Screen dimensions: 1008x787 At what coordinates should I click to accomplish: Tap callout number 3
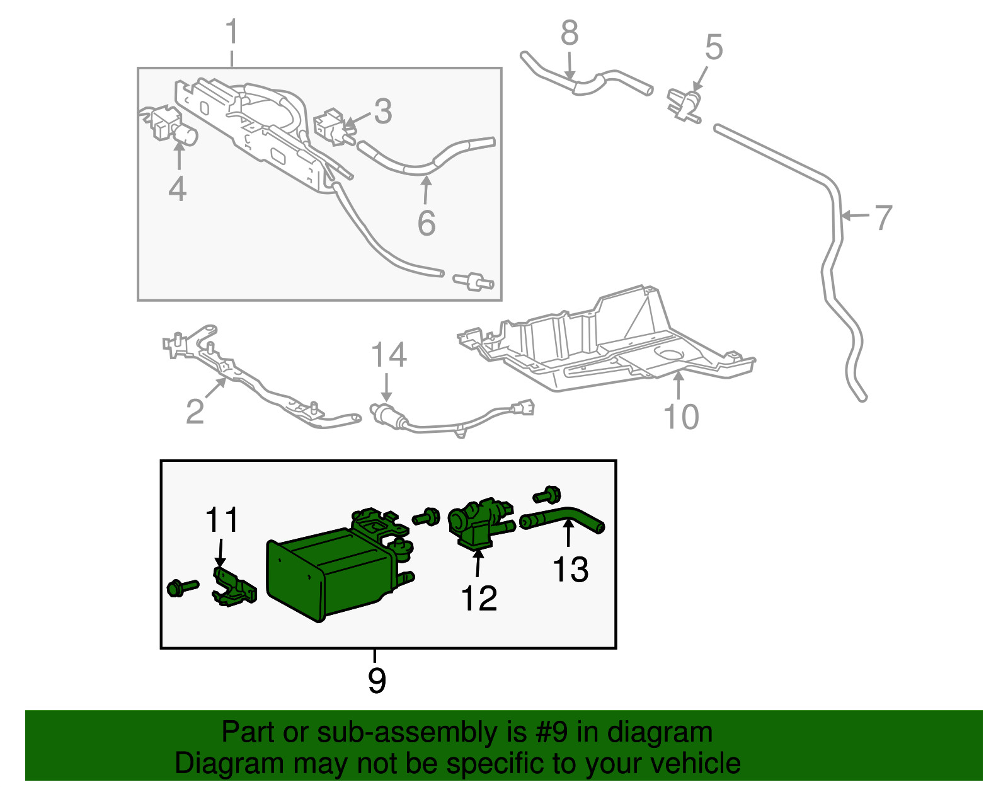(383, 112)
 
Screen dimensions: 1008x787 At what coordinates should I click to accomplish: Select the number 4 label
(178, 189)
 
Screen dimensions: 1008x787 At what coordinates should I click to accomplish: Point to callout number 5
(714, 47)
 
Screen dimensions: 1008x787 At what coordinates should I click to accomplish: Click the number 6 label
(427, 223)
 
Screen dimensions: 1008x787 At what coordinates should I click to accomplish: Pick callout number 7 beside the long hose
(883, 217)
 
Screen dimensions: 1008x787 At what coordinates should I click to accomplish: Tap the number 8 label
(570, 33)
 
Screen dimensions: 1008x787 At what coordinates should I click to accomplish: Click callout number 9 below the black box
(377, 681)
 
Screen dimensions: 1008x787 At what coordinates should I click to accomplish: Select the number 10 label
(681, 416)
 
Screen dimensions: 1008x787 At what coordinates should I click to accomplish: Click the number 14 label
(389, 355)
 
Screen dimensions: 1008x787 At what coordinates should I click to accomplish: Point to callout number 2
(195, 411)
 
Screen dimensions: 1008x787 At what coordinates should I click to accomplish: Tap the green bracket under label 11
(234, 587)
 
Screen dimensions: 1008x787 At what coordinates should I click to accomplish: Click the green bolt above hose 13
(547, 495)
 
